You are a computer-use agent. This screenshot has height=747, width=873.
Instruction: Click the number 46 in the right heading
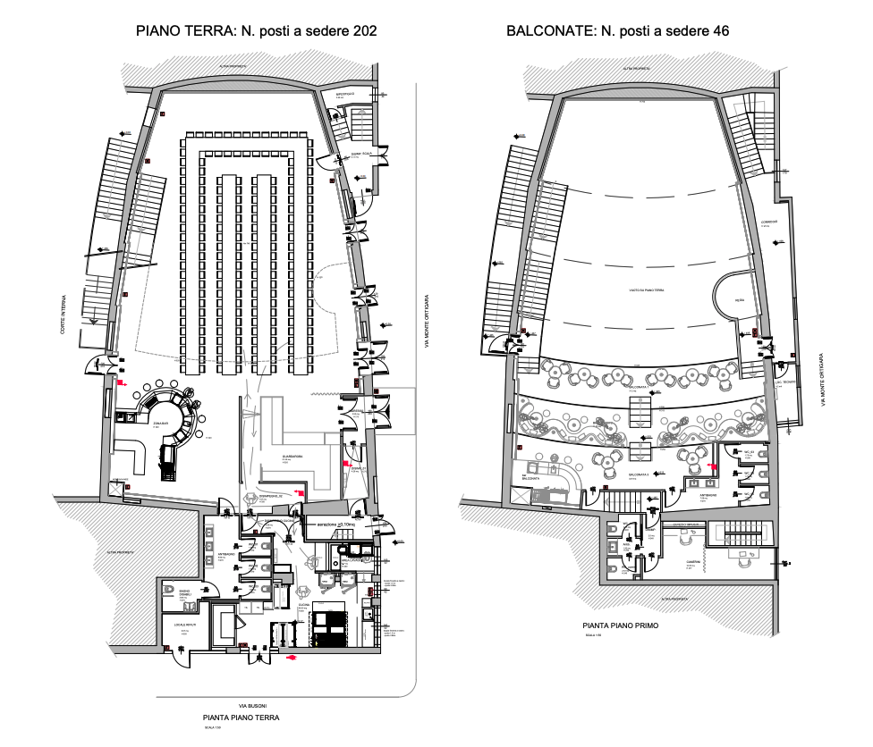719,30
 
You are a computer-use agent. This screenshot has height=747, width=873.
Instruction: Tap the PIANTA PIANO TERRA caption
242,718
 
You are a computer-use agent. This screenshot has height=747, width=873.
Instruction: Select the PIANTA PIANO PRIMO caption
620,625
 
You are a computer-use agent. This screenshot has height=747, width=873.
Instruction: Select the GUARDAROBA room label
293,457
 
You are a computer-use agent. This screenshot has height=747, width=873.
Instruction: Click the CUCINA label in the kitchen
304,605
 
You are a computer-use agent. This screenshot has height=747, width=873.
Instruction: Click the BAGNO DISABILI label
185,592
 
